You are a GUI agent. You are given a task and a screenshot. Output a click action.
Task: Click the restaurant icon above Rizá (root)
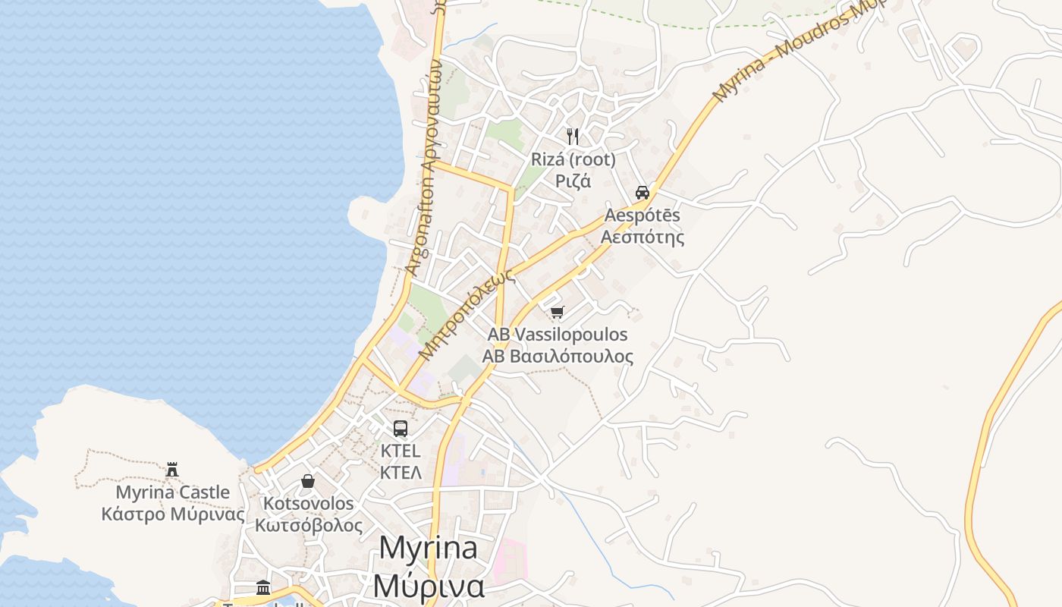(x=573, y=137)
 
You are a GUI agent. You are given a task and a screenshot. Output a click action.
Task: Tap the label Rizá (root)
(x=573, y=160)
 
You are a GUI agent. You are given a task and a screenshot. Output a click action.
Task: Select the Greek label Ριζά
(x=573, y=181)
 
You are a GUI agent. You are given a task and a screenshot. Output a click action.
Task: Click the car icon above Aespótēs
(x=643, y=192)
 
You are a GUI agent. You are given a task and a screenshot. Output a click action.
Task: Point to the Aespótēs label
(x=643, y=215)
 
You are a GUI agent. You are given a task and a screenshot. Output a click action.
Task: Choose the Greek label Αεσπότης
(x=643, y=237)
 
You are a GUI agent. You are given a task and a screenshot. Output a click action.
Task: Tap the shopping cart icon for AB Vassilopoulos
(x=558, y=311)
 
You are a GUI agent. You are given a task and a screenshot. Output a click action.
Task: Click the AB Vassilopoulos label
(x=558, y=335)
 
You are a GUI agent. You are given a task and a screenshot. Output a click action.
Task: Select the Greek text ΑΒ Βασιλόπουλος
(x=558, y=356)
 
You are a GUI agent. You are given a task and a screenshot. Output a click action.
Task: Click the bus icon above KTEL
(x=401, y=428)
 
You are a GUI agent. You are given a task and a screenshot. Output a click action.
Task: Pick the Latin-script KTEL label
(x=401, y=451)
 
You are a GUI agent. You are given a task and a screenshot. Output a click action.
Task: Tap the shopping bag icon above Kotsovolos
(x=308, y=481)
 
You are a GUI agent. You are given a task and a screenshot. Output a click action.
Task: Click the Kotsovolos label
(x=308, y=504)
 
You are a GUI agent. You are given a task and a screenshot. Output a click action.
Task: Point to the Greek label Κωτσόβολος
(x=308, y=525)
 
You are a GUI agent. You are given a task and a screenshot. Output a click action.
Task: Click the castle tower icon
(x=173, y=469)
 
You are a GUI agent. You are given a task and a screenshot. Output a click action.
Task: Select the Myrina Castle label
(x=173, y=492)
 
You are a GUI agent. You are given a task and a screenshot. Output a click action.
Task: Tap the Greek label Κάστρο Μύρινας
(x=173, y=514)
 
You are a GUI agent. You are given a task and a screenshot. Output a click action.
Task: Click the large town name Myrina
(x=428, y=548)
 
